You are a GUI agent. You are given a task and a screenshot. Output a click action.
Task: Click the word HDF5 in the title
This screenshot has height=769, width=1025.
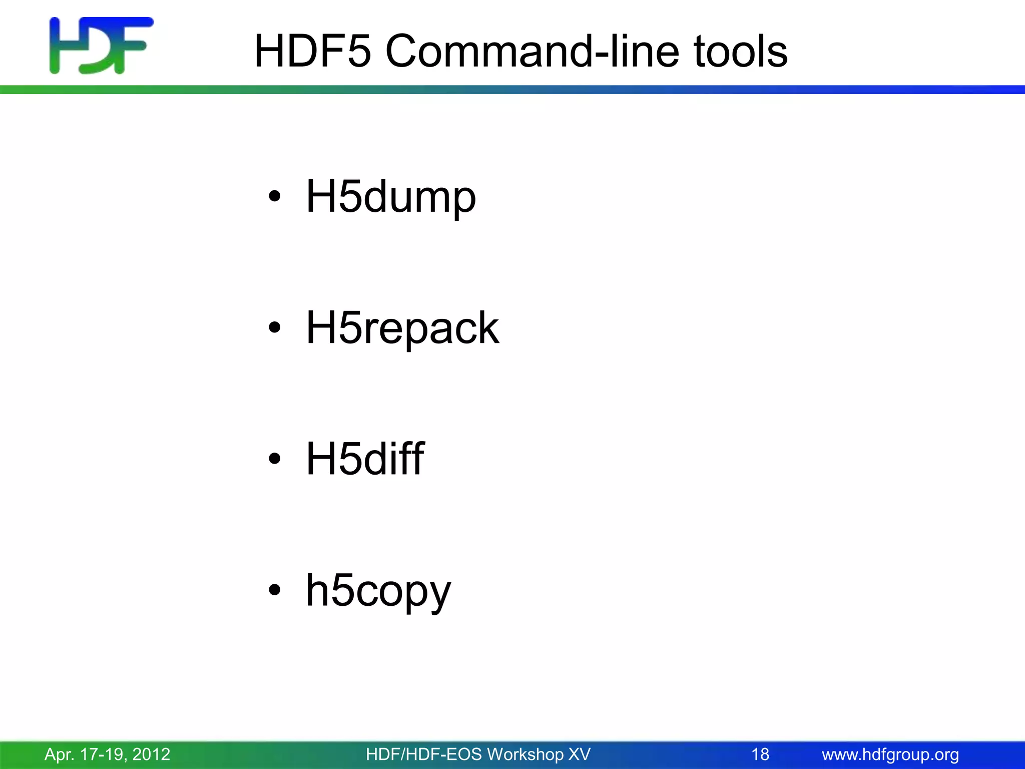(313, 51)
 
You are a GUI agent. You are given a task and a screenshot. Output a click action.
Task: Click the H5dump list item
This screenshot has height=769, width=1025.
(390, 197)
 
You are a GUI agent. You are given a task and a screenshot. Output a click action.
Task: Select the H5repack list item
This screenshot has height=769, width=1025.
(402, 328)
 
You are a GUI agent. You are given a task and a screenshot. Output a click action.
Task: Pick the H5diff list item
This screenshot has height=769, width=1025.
(365, 459)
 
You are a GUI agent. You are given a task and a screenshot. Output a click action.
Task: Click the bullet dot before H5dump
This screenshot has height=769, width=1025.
(274, 196)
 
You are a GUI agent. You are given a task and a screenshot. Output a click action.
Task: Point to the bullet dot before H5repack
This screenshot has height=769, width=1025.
(274, 327)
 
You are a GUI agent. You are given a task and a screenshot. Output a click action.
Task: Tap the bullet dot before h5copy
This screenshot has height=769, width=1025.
(274, 589)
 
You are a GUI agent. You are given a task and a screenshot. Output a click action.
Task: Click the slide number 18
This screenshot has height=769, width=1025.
(760, 754)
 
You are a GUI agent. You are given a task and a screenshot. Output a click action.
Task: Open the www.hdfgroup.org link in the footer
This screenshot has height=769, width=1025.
(890, 754)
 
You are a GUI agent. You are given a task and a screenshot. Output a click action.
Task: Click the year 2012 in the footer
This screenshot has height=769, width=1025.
(151, 754)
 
